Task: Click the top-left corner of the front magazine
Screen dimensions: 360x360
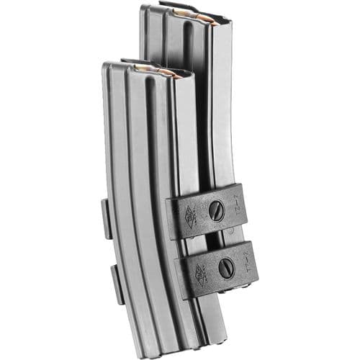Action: pyautogui.click(x=105, y=65)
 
